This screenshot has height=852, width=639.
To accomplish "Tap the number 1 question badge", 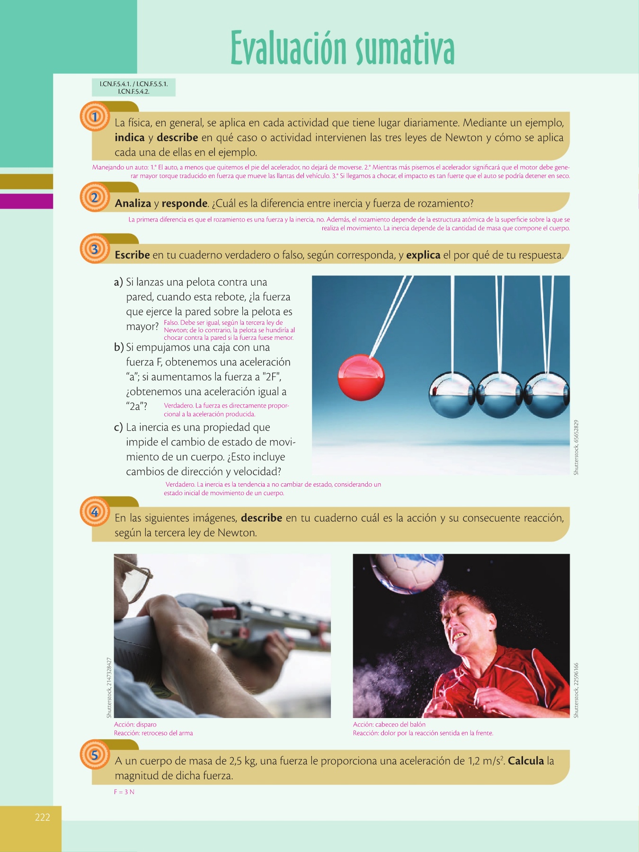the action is coord(95,116).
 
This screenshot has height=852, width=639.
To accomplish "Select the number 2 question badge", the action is coord(95,197).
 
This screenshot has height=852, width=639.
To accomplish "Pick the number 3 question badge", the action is coord(95,248).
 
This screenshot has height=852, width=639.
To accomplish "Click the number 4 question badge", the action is coord(95,512).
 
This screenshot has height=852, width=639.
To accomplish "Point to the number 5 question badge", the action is coord(95,754).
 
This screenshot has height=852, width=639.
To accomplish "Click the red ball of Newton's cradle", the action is coord(361,378).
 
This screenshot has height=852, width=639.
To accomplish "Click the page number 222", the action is coord(43,817).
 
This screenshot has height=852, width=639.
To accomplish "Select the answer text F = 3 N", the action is coord(124,792).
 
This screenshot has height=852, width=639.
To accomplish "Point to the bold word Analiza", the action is coord(133,204).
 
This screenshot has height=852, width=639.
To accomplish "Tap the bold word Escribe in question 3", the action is coord(133,255).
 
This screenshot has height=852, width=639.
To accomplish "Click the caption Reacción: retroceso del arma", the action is coord(153,733).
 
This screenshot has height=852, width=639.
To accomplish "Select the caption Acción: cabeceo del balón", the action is coord(389,724).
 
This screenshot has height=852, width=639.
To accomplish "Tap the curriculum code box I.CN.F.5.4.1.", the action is coord(134,88).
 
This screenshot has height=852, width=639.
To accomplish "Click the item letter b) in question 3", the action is coord(119,347).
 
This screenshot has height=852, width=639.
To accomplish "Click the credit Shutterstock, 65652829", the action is coord(576,447).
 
